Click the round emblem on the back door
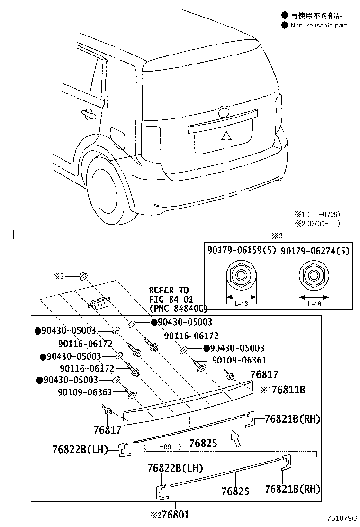[x=223, y=113]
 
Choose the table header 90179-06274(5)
[x=315, y=251]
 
